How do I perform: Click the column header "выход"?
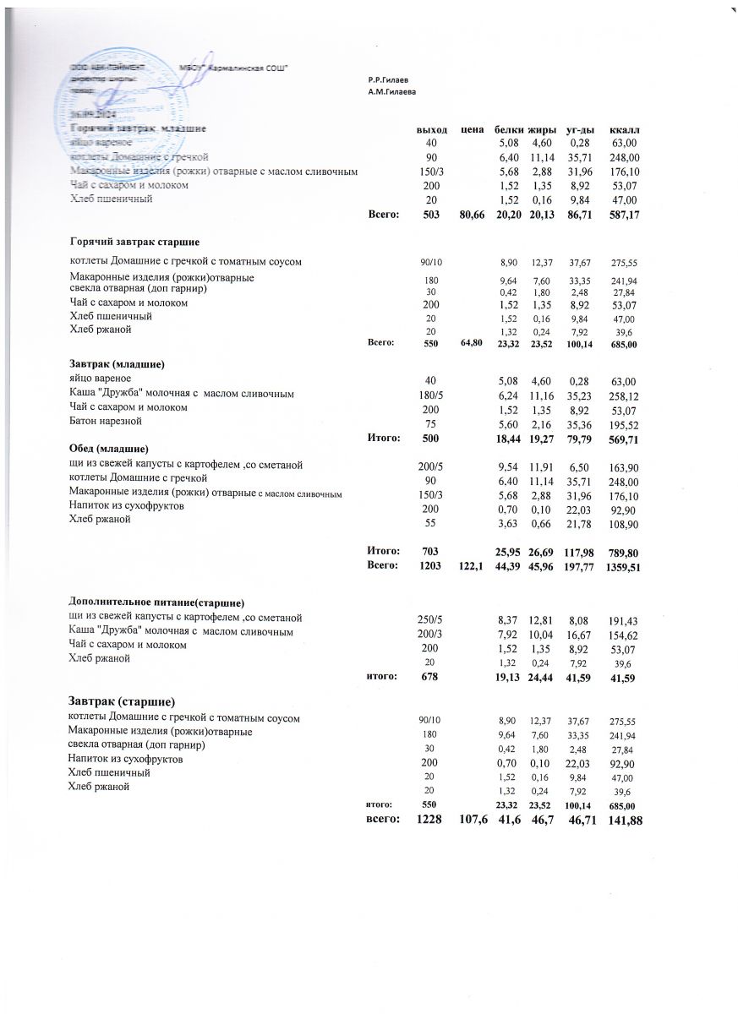click(x=432, y=130)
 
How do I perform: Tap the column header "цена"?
click(x=472, y=130)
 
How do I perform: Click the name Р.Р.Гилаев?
click(x=389, y=79)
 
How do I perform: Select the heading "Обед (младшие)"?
click(x=109, y=447)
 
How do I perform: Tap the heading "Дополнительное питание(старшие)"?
click(x=156, y=602)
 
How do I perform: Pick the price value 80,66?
click(x=471, y=215)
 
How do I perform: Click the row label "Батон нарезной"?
click(x=105, y=421)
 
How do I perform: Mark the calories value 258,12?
click(x=624, y=395)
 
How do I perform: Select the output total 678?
click(x=432, y=676)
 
